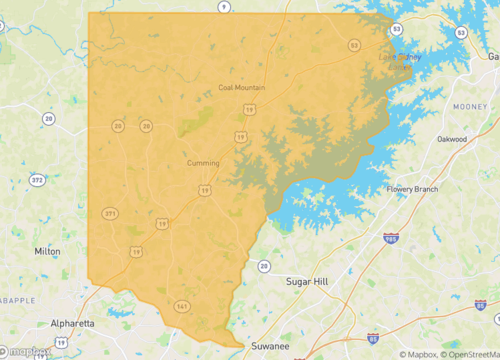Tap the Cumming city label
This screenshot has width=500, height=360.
(203, 163)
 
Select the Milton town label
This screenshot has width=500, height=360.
(47, 252)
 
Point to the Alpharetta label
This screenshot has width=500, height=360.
(73, 324)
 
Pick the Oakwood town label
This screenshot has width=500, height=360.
(451, 139)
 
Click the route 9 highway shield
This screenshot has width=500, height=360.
(224, 6)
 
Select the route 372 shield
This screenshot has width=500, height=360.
(37, 180)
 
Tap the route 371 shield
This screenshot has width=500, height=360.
(109, 214)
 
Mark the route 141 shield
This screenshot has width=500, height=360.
(181, 306)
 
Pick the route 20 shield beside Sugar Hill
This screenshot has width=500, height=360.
(263, 265)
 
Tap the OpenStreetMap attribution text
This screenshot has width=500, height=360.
(464, 354)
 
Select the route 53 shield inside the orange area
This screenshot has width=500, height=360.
(354, 45)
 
